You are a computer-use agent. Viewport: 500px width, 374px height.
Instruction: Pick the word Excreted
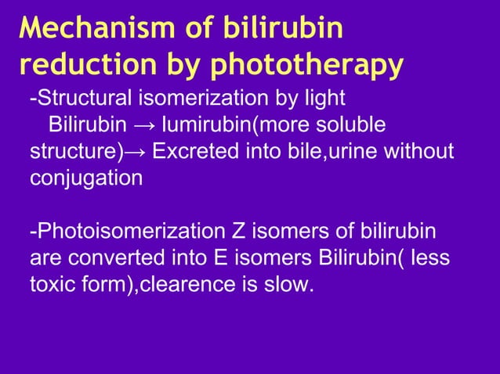pyautogui.click(x=188, y=151)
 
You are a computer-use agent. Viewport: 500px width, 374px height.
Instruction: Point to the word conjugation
pyautogui.click(x=86, y=177)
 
